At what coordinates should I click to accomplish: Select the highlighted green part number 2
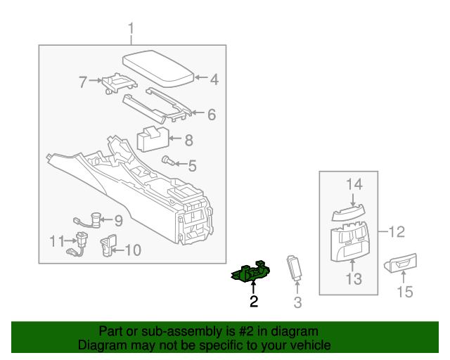coord(250,272)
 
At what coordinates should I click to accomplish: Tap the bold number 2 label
coord(253,302)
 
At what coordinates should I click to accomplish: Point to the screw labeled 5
coord(169,161)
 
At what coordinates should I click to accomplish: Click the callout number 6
coord(211,115)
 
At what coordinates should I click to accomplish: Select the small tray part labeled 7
coord(116,83)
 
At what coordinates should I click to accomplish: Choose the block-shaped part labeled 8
coord(153,138)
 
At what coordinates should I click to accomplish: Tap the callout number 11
coord(57,241)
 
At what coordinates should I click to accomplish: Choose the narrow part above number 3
coord(295,269)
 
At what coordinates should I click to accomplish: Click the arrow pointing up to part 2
coord(253,287)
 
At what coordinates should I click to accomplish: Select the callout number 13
coord(353,279)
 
